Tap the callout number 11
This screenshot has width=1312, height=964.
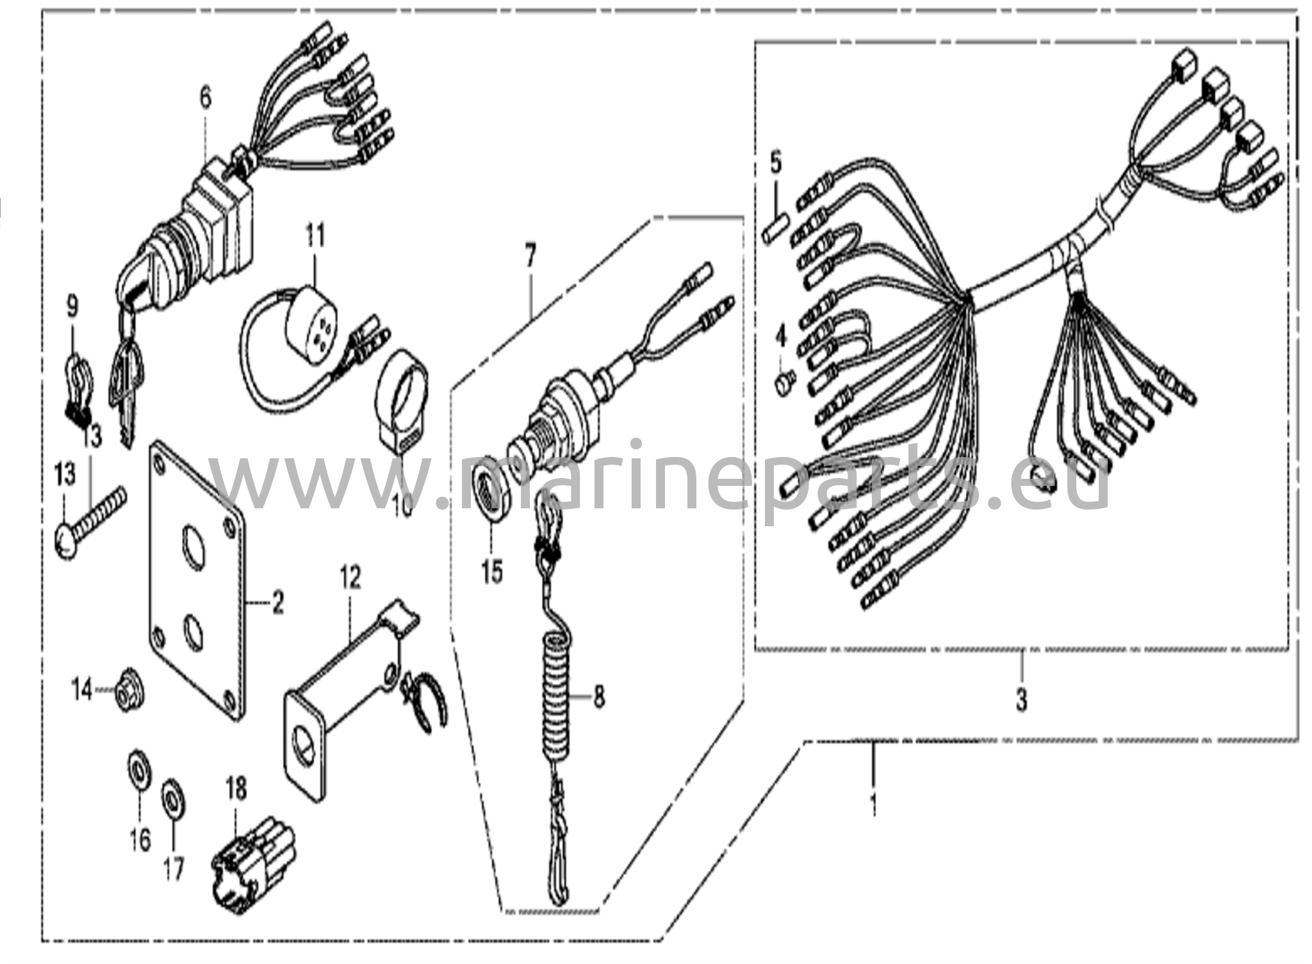pyautogui.click(x=315, y=236)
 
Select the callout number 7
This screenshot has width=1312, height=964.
pyautogui.click(x=529, y=256)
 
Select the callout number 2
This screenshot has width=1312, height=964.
pyautogui.click(x=277, y=603)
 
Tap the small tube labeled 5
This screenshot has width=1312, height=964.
pyautogui.click(x=771, y=228)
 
